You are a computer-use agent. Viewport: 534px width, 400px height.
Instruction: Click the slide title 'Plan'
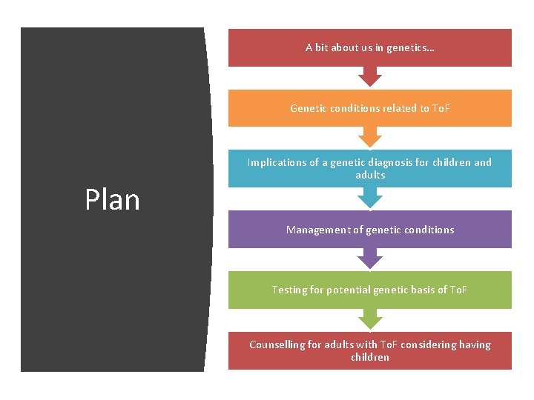point(112,199)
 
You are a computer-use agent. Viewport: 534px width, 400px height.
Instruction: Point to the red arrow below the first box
point(369,76)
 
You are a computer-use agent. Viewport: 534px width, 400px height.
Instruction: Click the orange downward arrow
point(369,137)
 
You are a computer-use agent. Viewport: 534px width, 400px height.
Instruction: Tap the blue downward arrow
point(369,198)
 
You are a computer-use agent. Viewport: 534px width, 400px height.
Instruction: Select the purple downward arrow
point(369,258)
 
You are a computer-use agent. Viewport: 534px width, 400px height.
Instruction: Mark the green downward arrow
point(369,319)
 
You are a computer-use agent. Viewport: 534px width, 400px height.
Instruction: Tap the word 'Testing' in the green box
point(289,290)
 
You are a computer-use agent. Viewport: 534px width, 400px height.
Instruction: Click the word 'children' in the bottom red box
point(369,358)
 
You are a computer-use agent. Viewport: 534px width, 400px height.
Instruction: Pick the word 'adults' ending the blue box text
point(369,176)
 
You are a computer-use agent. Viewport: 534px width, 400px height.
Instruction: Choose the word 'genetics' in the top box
point(413,47)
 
